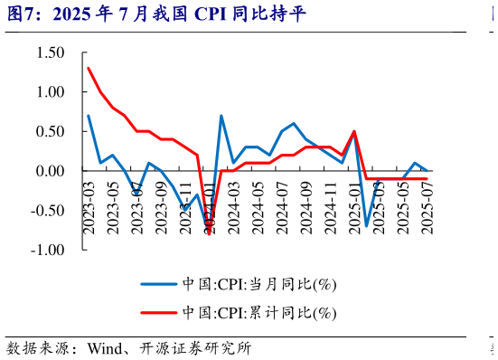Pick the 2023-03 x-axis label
(89, 208)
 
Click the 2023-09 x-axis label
(162, 208)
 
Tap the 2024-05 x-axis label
(258, 208)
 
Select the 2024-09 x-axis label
(306, 208)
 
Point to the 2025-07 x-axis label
(428, 208)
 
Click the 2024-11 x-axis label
(331, 208)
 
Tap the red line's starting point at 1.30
(89, 69)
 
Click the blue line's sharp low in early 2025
(367, 225)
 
